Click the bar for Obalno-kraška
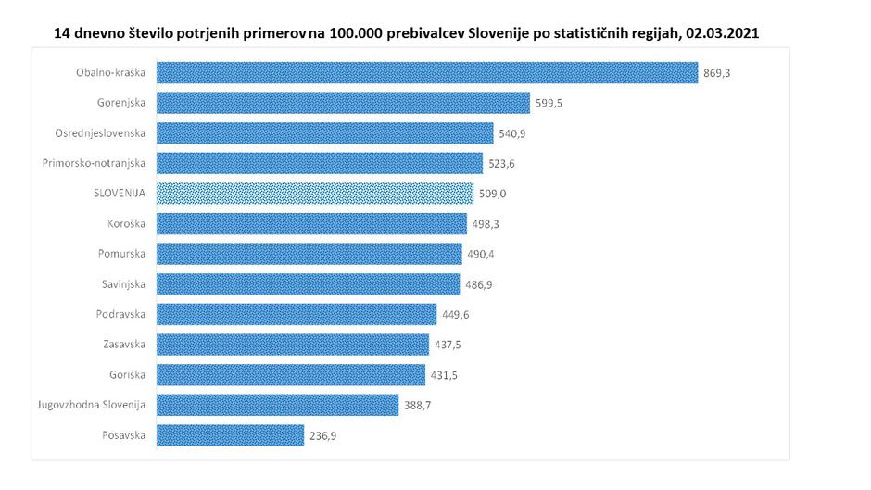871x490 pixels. tap(426, 73)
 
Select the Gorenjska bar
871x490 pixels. tap(343, 103)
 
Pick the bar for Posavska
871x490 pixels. tap(230, 435)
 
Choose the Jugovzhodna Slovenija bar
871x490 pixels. tap(277, 405)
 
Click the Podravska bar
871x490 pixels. tap(297, 314)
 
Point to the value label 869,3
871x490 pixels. tap(718, 73)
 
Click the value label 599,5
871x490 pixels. tap(550, 103)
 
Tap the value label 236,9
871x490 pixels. tap(325, 435)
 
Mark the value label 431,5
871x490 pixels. tap(447, 375)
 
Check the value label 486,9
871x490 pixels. tap(479, 284)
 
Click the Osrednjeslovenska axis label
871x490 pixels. tap(100, 133)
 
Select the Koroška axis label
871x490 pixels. tap(126, 223)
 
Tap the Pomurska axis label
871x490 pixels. tap(121, 254)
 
